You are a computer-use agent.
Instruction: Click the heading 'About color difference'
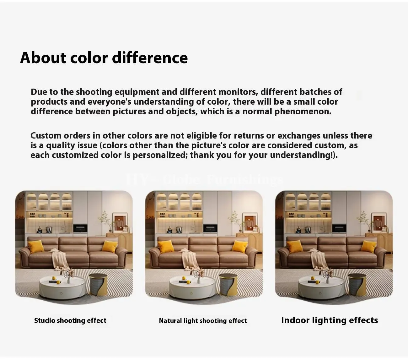pyautogui.click(x=104, y=58)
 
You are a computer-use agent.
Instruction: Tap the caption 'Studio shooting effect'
pyautogui.click(x=70, y=320)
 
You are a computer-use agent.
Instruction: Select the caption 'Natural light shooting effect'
pyautogui.click(x=203, y=321)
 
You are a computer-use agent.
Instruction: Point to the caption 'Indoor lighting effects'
pyautogui.click(x=330, y=320)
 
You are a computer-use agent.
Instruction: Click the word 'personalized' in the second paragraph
pyautogui.click(x=160, y=155)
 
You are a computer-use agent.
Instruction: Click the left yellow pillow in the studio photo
pyautogui.click(x=36, y=247)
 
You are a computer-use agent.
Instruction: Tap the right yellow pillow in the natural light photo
pyautogui.click(x=240, y=246)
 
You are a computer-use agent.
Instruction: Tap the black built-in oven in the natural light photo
pyautogui.click(x=210, y=228)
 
